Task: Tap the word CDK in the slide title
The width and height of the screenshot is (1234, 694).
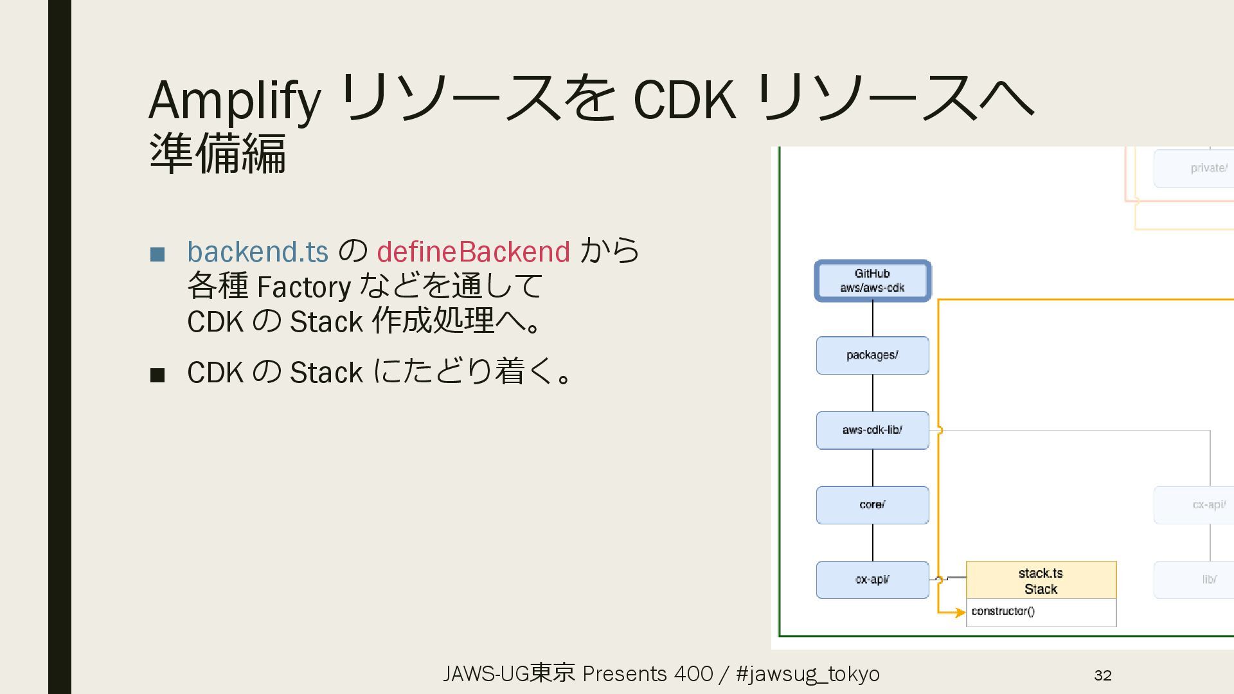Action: click(684, 100)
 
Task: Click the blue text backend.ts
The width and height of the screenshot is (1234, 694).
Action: click(258, 251)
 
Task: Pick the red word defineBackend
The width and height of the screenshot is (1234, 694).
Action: click(473, 251)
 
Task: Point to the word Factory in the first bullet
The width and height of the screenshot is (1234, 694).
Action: click(303, 287)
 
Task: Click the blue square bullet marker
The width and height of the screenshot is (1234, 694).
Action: click(157, 254)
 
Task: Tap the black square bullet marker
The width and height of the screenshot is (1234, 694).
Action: click(157, 375)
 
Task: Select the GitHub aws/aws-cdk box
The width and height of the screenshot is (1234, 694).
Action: click(872, 281)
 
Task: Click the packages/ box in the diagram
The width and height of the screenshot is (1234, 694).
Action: click(872, 355)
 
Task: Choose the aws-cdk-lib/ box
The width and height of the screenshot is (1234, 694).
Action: click(872, 430)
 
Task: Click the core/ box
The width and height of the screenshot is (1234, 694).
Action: click(872, 505)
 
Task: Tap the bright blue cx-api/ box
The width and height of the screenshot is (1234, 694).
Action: click(872, 580)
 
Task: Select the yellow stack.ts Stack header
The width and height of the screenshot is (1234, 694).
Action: click(1041, 580)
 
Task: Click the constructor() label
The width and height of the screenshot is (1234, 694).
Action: click(1003, 611)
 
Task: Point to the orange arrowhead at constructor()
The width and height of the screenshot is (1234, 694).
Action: click(960, 612)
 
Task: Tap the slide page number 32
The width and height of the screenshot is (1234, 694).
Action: click(1103, 675)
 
